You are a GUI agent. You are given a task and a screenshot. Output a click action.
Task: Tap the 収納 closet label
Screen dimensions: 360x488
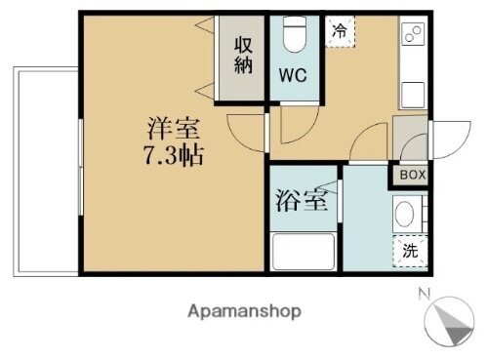(x=243, y=56)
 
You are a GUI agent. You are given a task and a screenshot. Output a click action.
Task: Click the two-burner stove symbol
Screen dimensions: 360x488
(x=412, y=36)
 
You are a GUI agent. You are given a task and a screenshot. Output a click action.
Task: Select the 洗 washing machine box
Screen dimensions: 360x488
(x=409, y=251)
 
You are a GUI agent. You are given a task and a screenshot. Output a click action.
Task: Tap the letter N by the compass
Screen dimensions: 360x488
(x=422, y=294)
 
